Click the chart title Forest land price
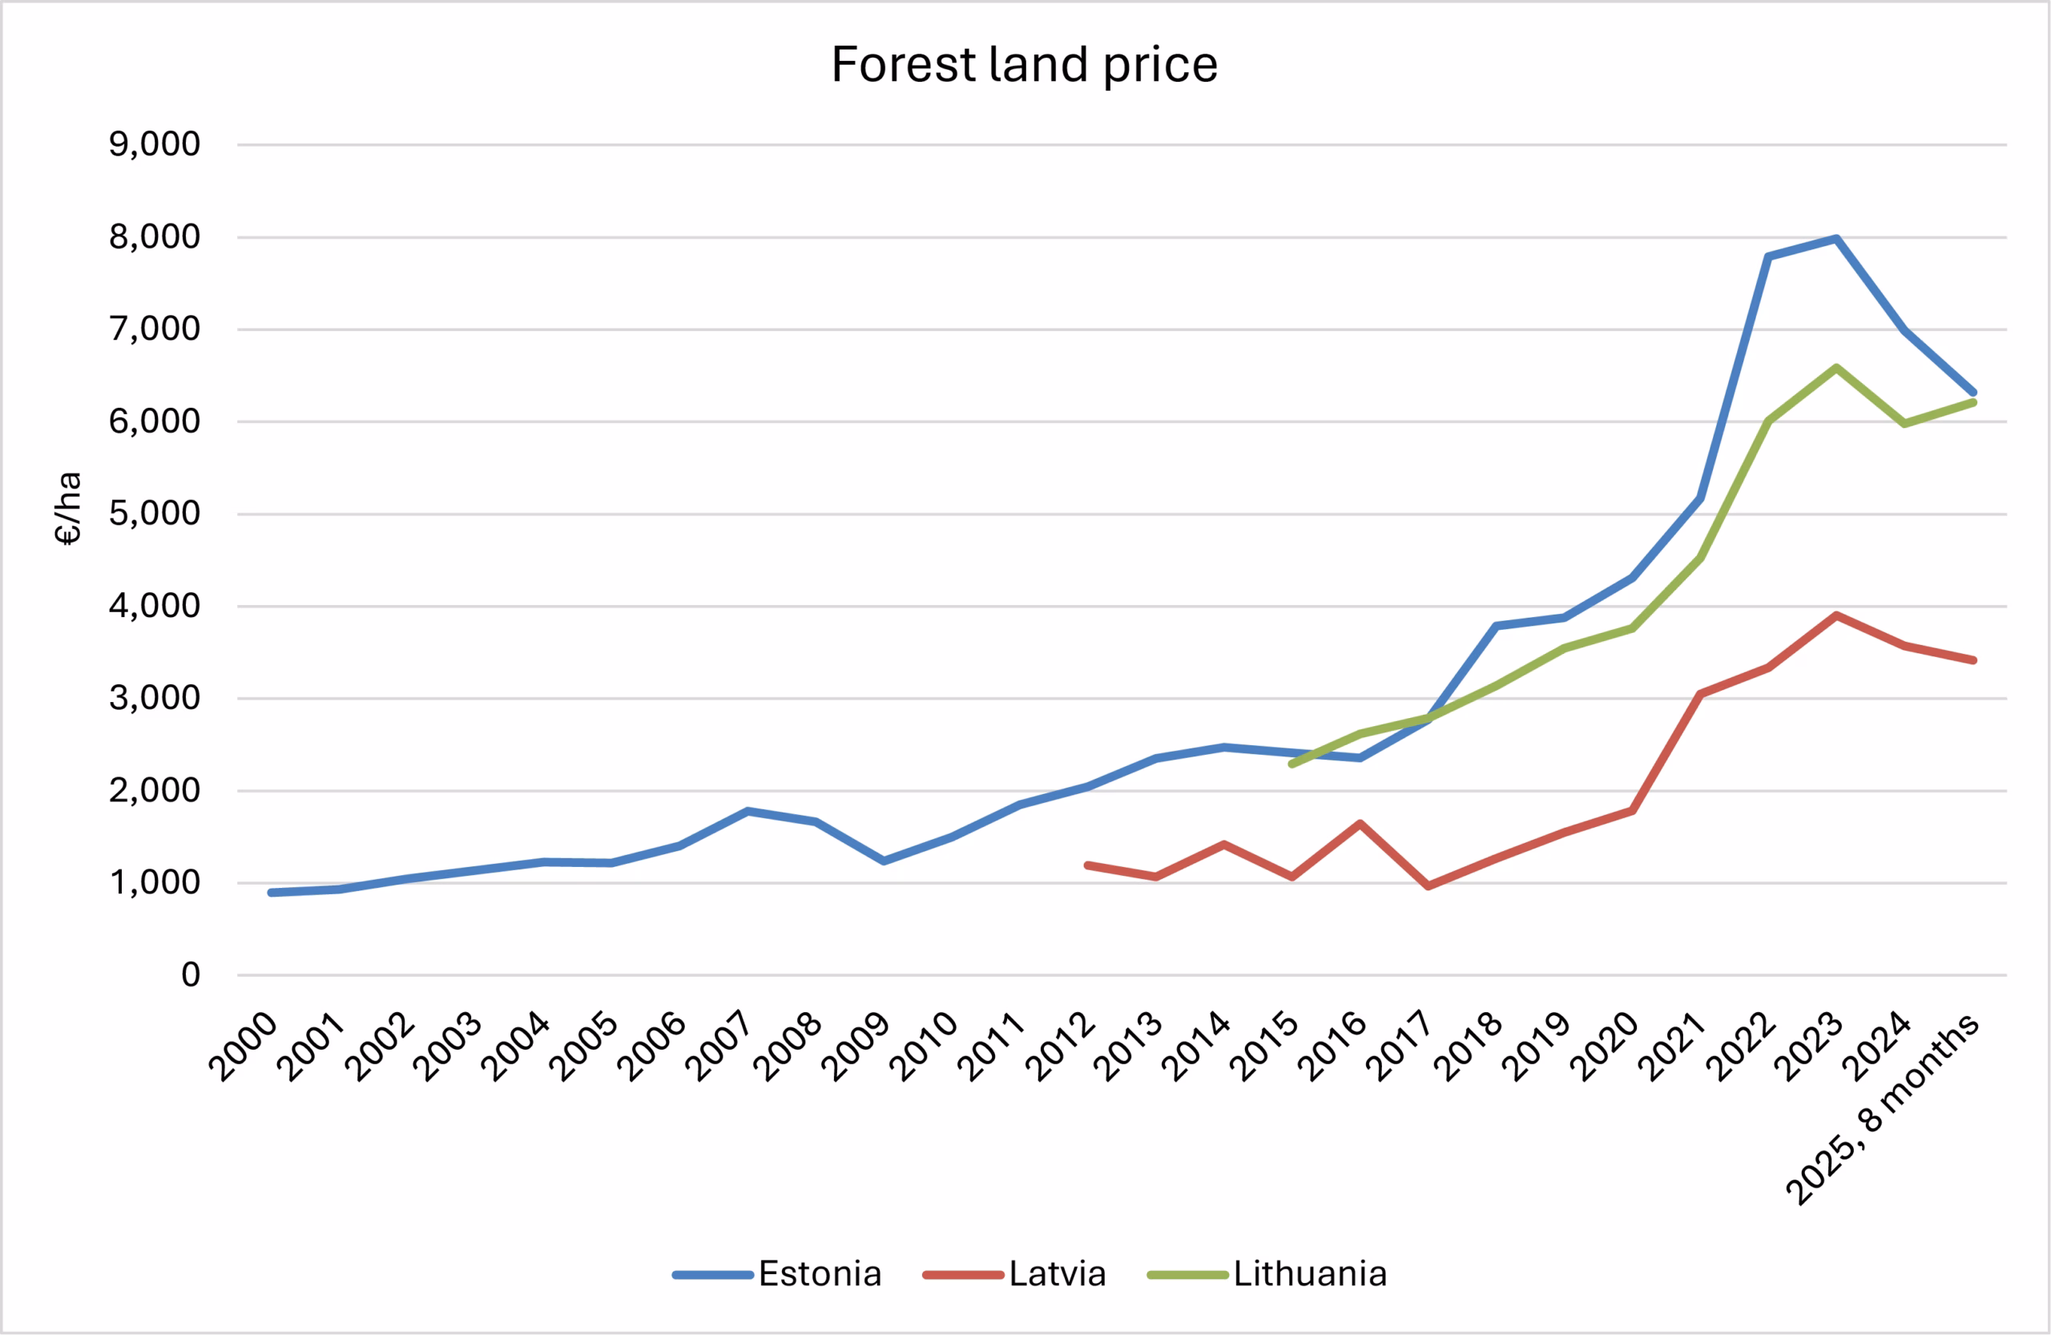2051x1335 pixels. [1024, 66]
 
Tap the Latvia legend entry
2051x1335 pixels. [1057, 1274]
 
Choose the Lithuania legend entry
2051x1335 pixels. [1309, 1274]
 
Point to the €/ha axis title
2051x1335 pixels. [68, 509]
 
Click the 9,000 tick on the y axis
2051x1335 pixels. [155, 144]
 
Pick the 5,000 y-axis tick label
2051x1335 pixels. [155, 514]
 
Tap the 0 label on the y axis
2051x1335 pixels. [191, 974]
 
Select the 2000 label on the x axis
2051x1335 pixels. [244, 1047]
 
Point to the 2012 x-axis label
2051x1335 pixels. [1061, 1047]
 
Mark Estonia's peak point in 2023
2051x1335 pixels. [1836, 238]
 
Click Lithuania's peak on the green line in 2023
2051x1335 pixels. [1836, 367]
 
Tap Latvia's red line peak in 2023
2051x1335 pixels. [1836, 615]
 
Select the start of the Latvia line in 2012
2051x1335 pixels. [1087, 865]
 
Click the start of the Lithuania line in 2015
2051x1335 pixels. [1291, 764]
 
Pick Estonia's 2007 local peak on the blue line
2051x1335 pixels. [747, 811]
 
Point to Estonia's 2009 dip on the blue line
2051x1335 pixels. [884, 861]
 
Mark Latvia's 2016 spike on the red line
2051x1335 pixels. [1360, 823]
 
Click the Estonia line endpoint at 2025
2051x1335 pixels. [1972, 392]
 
